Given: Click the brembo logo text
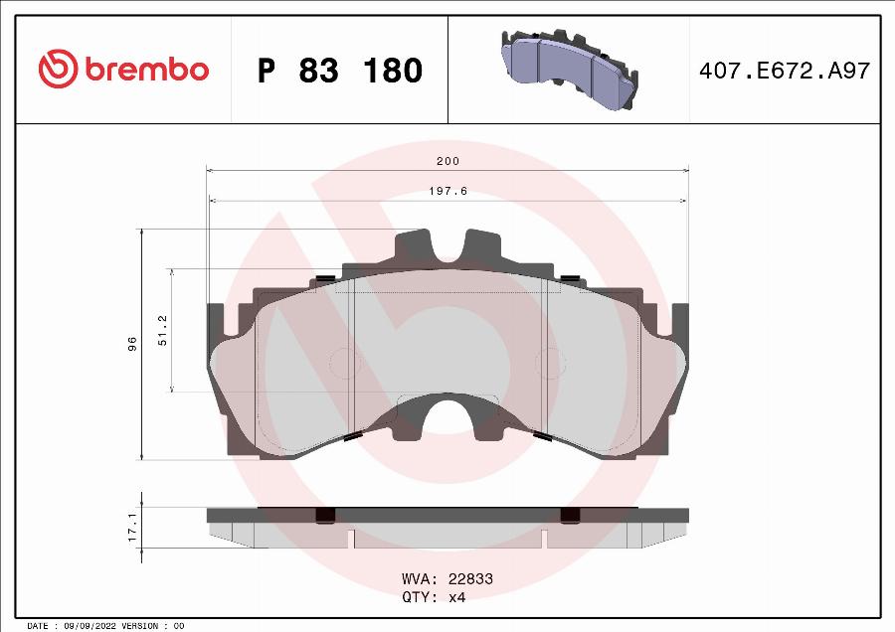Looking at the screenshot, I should click(146, 70).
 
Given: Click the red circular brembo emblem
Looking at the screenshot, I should click(58, 69).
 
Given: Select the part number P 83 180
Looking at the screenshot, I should click(340, 71).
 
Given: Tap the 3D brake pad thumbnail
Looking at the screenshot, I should click(568, 70).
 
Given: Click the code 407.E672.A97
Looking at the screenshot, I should click(786, 71).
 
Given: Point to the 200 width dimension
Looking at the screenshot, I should click(447, 161).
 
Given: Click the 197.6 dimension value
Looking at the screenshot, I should click(447, 191).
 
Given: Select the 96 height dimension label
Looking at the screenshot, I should click(132, 344).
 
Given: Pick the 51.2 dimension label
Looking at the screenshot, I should click(163, 330).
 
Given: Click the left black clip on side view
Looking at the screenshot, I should click(324, 515).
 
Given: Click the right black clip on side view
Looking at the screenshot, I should click(571, 515).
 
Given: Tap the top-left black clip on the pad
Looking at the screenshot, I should click(324, 277).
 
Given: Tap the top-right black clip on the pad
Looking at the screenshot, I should click(571, 277).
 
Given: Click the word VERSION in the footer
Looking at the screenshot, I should click(139, 626).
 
